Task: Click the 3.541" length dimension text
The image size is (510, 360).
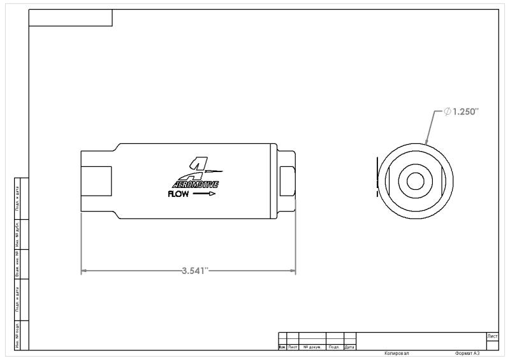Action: [x=195, y=270]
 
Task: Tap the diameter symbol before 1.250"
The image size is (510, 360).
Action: [x=448, y=112]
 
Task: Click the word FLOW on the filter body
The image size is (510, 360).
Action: [x=178, y=194]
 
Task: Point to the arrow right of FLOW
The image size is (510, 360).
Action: [x=205, y=194]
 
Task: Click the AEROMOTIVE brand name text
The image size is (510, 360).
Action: [x=196, y=184]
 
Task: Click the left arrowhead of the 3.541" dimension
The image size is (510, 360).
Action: [x=84, y=271]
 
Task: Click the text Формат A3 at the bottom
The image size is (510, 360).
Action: [x=467, y=353]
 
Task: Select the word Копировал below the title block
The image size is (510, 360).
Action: [x=397, y=353]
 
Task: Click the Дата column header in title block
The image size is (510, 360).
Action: [x=349, y=347]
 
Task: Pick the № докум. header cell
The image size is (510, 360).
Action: [x=312, y=347]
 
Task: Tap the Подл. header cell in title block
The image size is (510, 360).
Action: [x=334, y=347]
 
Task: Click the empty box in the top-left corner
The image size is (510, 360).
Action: [x=71, y=18]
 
